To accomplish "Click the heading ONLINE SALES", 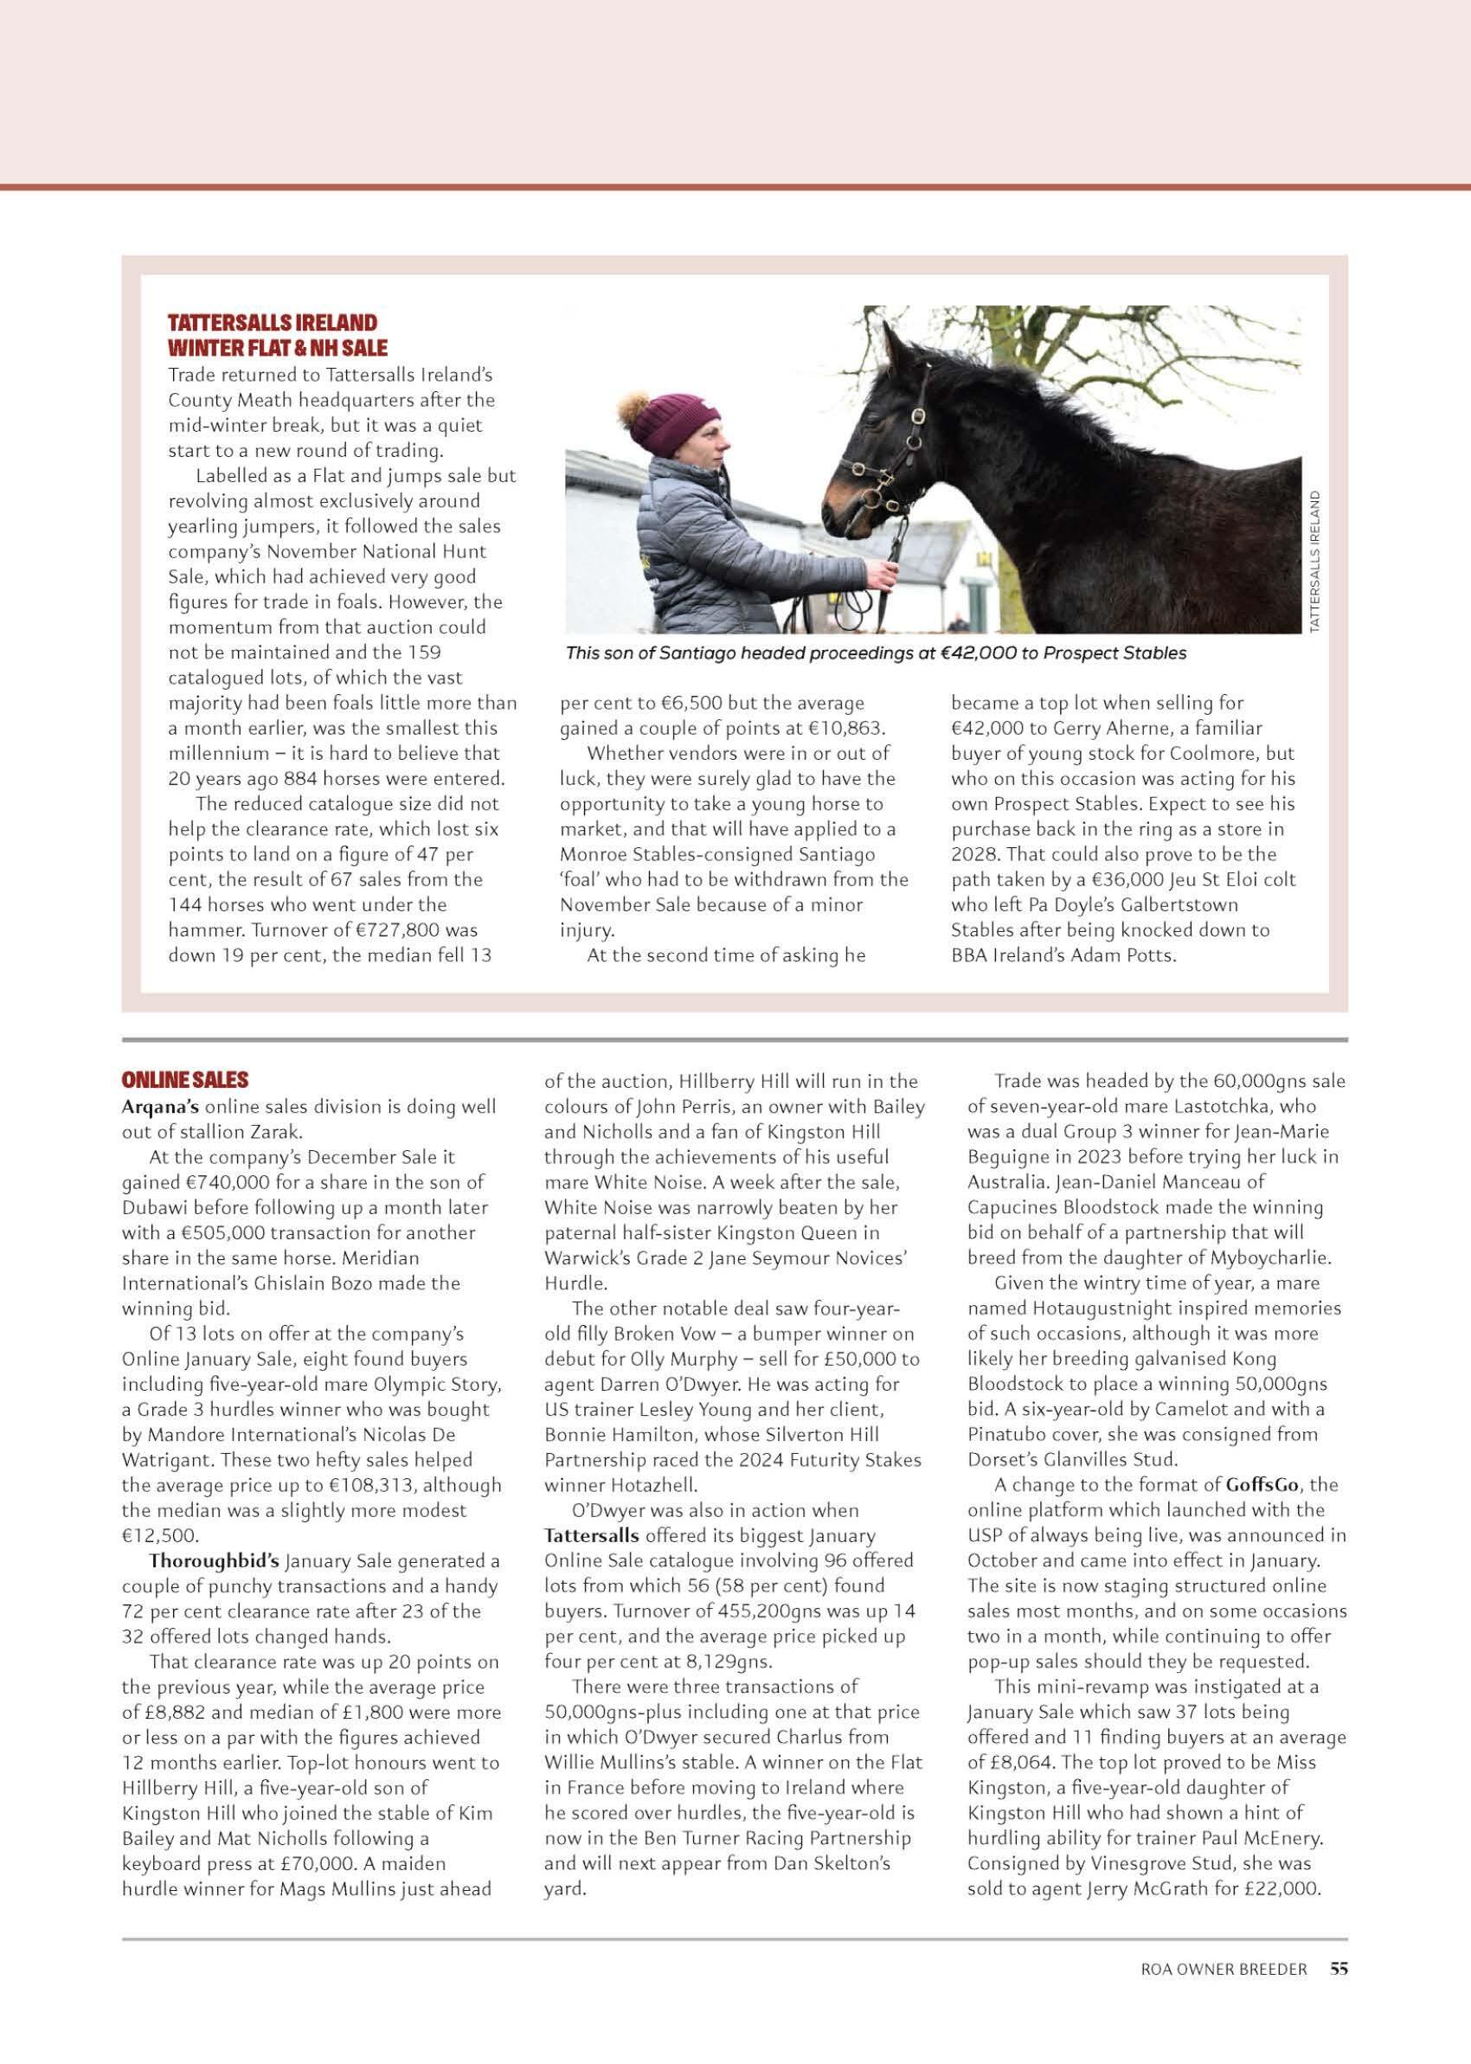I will [x=185, y=1079].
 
